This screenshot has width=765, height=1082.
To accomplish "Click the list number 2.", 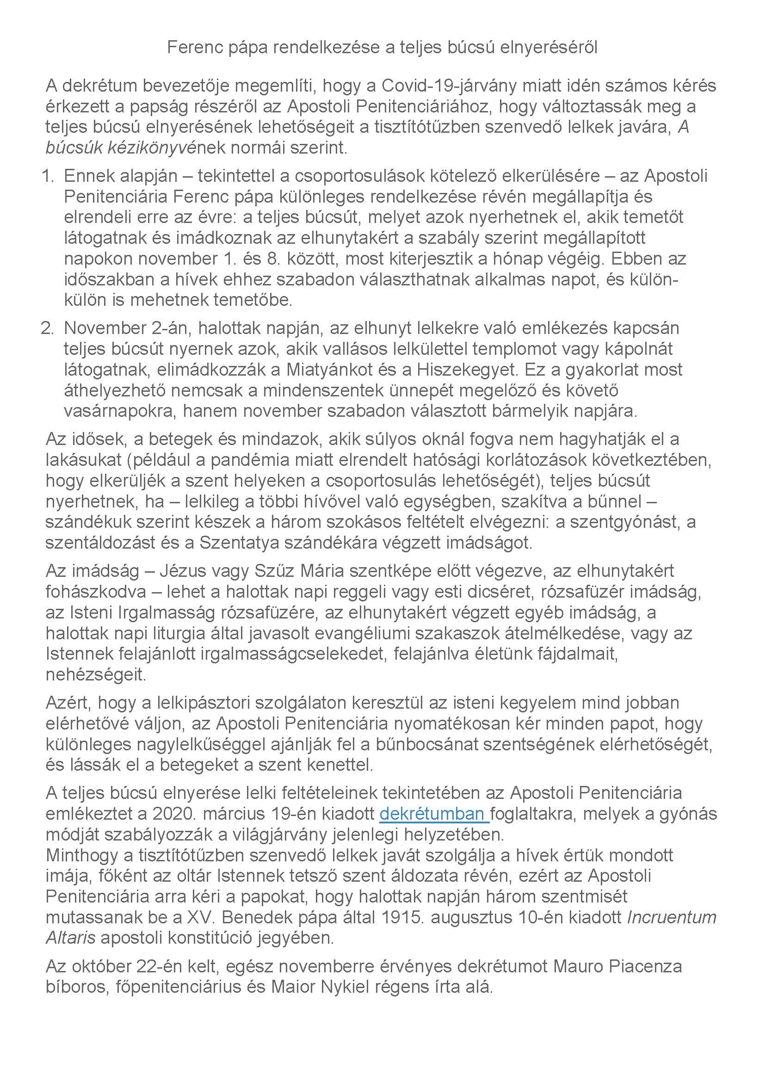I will [47, 328].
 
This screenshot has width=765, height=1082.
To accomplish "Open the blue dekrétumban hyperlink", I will [434, 814].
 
